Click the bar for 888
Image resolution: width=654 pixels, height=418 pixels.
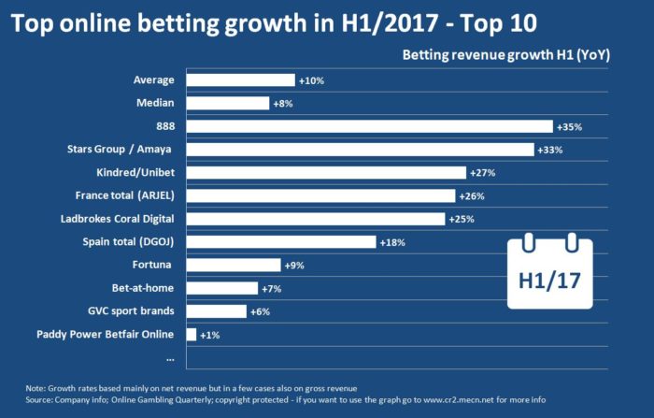(x=370, y=126)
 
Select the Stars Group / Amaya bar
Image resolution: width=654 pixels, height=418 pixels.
(x=360, y=150)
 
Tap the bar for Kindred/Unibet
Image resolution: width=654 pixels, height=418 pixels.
(x=326, y=172)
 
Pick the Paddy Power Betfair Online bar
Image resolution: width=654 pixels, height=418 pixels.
(x=192, y=334)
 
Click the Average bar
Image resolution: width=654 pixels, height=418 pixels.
(x=241, y=80)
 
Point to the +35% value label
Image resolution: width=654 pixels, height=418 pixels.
(x=570, y=126)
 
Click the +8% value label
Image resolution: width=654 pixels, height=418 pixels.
(x=283, y=104)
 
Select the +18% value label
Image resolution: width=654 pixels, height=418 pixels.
(x=391, y=242)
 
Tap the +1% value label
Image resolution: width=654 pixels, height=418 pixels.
(x=211, y=334)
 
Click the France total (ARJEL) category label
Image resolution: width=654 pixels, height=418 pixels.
(x=128, y=195)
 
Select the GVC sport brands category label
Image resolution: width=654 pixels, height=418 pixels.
(x=132, y=310)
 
